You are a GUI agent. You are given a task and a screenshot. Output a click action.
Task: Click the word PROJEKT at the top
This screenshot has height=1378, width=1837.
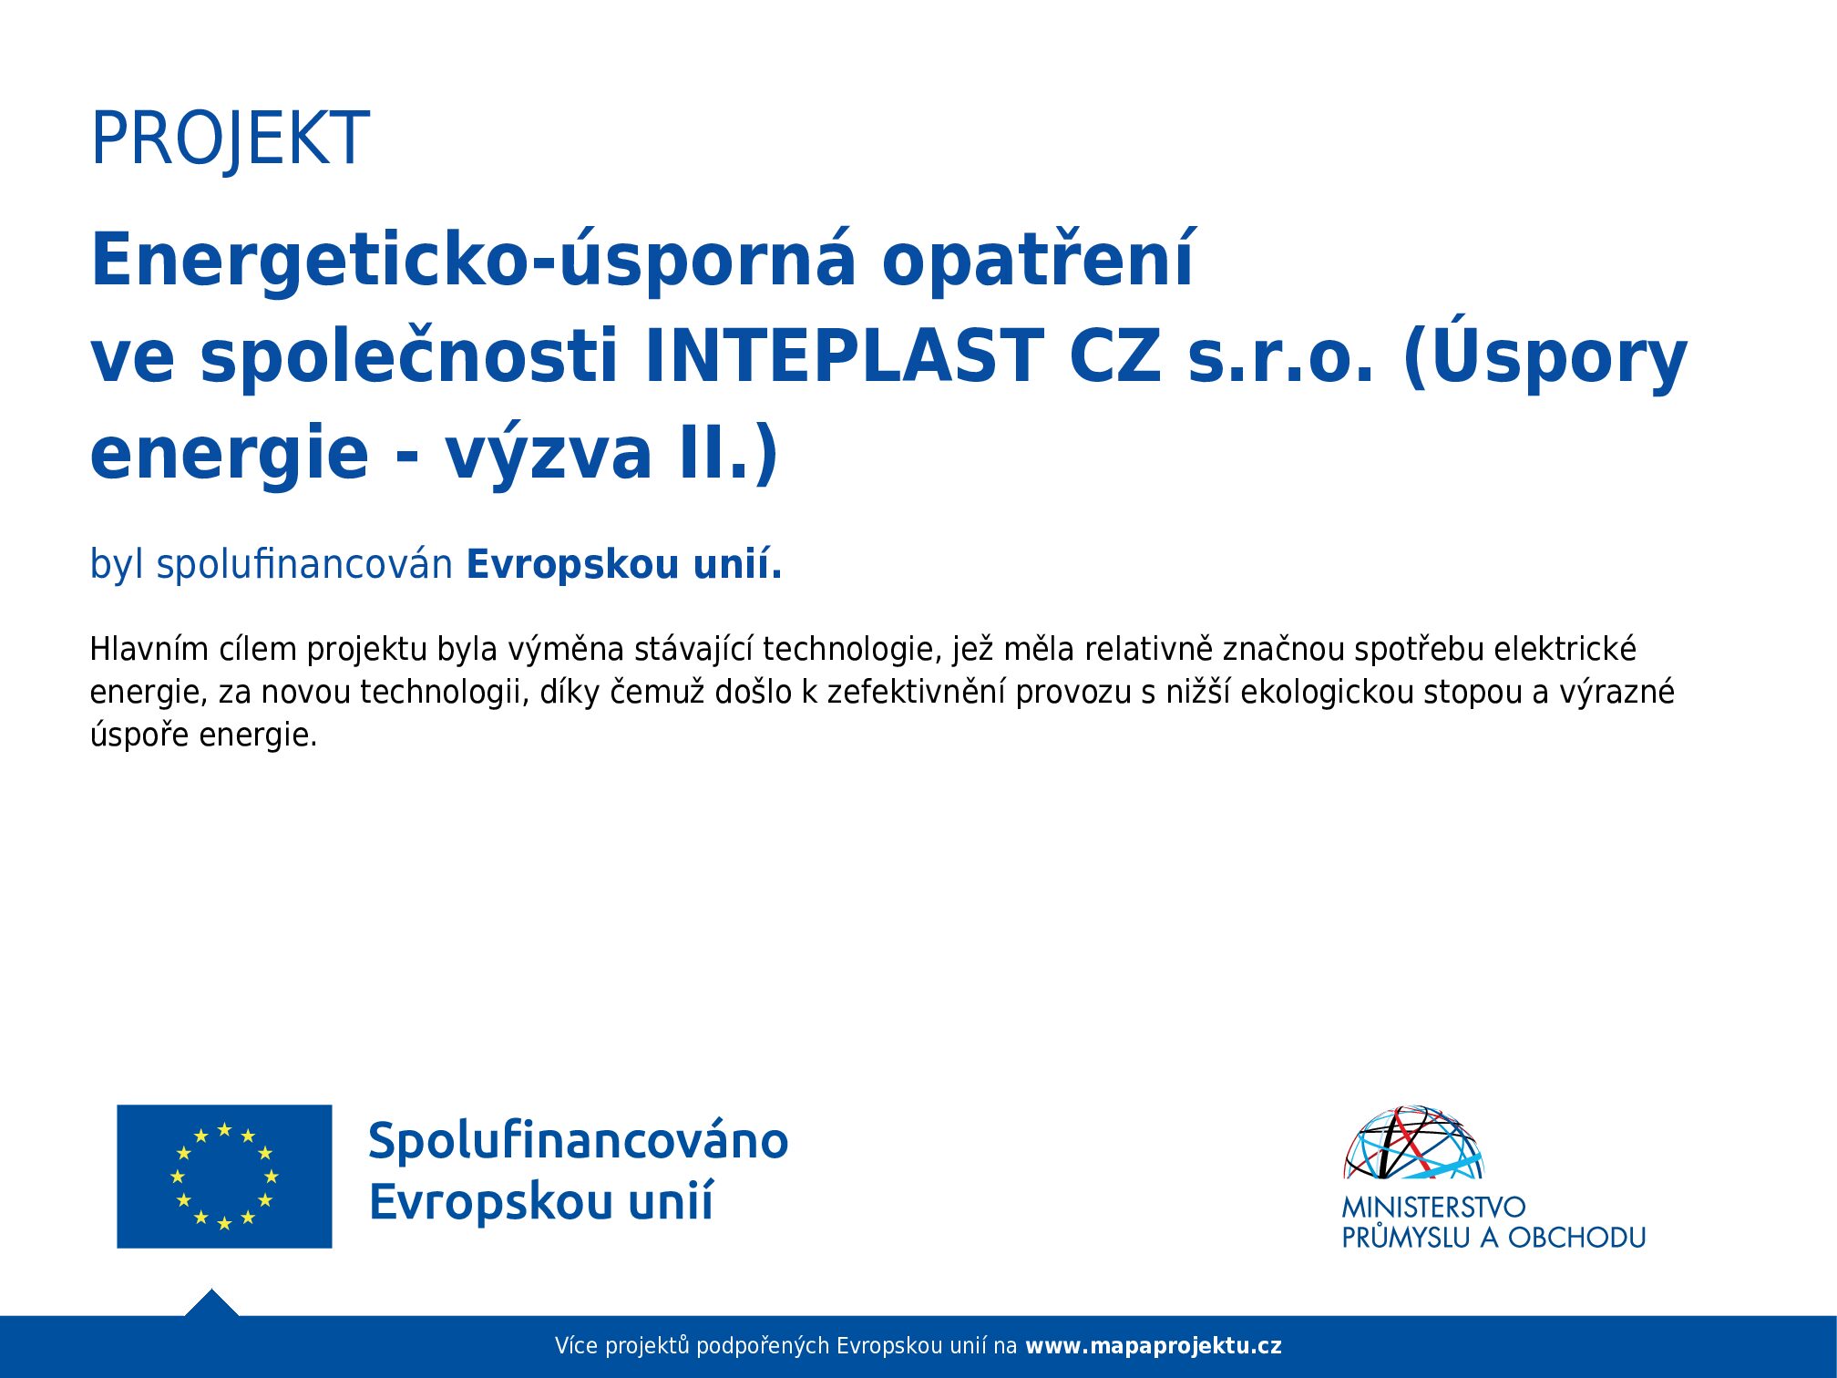coord(230,139)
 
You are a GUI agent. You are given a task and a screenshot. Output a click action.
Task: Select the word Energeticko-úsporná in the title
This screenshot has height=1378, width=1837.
coord(474,260)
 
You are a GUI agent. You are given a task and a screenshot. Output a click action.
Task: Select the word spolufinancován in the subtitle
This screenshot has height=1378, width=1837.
coord(304,565)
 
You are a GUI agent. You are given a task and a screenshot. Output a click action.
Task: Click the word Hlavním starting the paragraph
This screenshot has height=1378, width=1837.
coord(149,649)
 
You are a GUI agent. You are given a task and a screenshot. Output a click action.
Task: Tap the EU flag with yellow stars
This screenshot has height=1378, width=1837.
coord(224,1177)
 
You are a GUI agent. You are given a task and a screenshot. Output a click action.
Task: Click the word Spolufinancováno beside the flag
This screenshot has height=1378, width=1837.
coord(579,1141)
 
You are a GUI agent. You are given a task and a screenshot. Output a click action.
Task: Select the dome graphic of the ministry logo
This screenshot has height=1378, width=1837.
coord(1414,1143)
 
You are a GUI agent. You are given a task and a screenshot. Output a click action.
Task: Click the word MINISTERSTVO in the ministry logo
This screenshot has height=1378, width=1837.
coord(1433,1208)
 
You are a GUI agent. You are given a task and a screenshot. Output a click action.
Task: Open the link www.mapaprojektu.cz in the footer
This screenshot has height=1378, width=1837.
coord(1154,1346)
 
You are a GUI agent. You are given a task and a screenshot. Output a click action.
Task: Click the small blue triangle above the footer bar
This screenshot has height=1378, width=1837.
coord(211,1304)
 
